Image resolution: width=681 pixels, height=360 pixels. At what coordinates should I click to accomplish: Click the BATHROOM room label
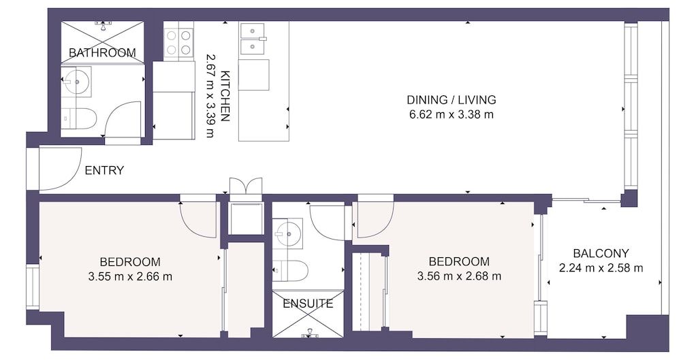click(102, 52)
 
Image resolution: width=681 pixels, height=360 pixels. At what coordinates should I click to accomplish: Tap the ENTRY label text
click(104, 170)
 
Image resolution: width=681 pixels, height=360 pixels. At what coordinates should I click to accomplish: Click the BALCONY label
click(601, 252)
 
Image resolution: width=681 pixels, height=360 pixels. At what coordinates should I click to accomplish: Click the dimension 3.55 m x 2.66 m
click(130, 276)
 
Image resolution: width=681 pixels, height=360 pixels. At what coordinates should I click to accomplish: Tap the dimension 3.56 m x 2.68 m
click(459, 276)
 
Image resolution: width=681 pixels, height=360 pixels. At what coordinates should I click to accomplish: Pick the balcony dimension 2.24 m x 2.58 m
click(601, 267)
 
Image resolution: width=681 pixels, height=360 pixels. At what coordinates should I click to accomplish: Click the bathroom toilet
click(79, 117)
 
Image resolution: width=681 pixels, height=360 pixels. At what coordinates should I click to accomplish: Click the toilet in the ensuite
click(289, 270)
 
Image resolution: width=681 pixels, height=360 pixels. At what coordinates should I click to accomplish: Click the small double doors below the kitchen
click(245, 186)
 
